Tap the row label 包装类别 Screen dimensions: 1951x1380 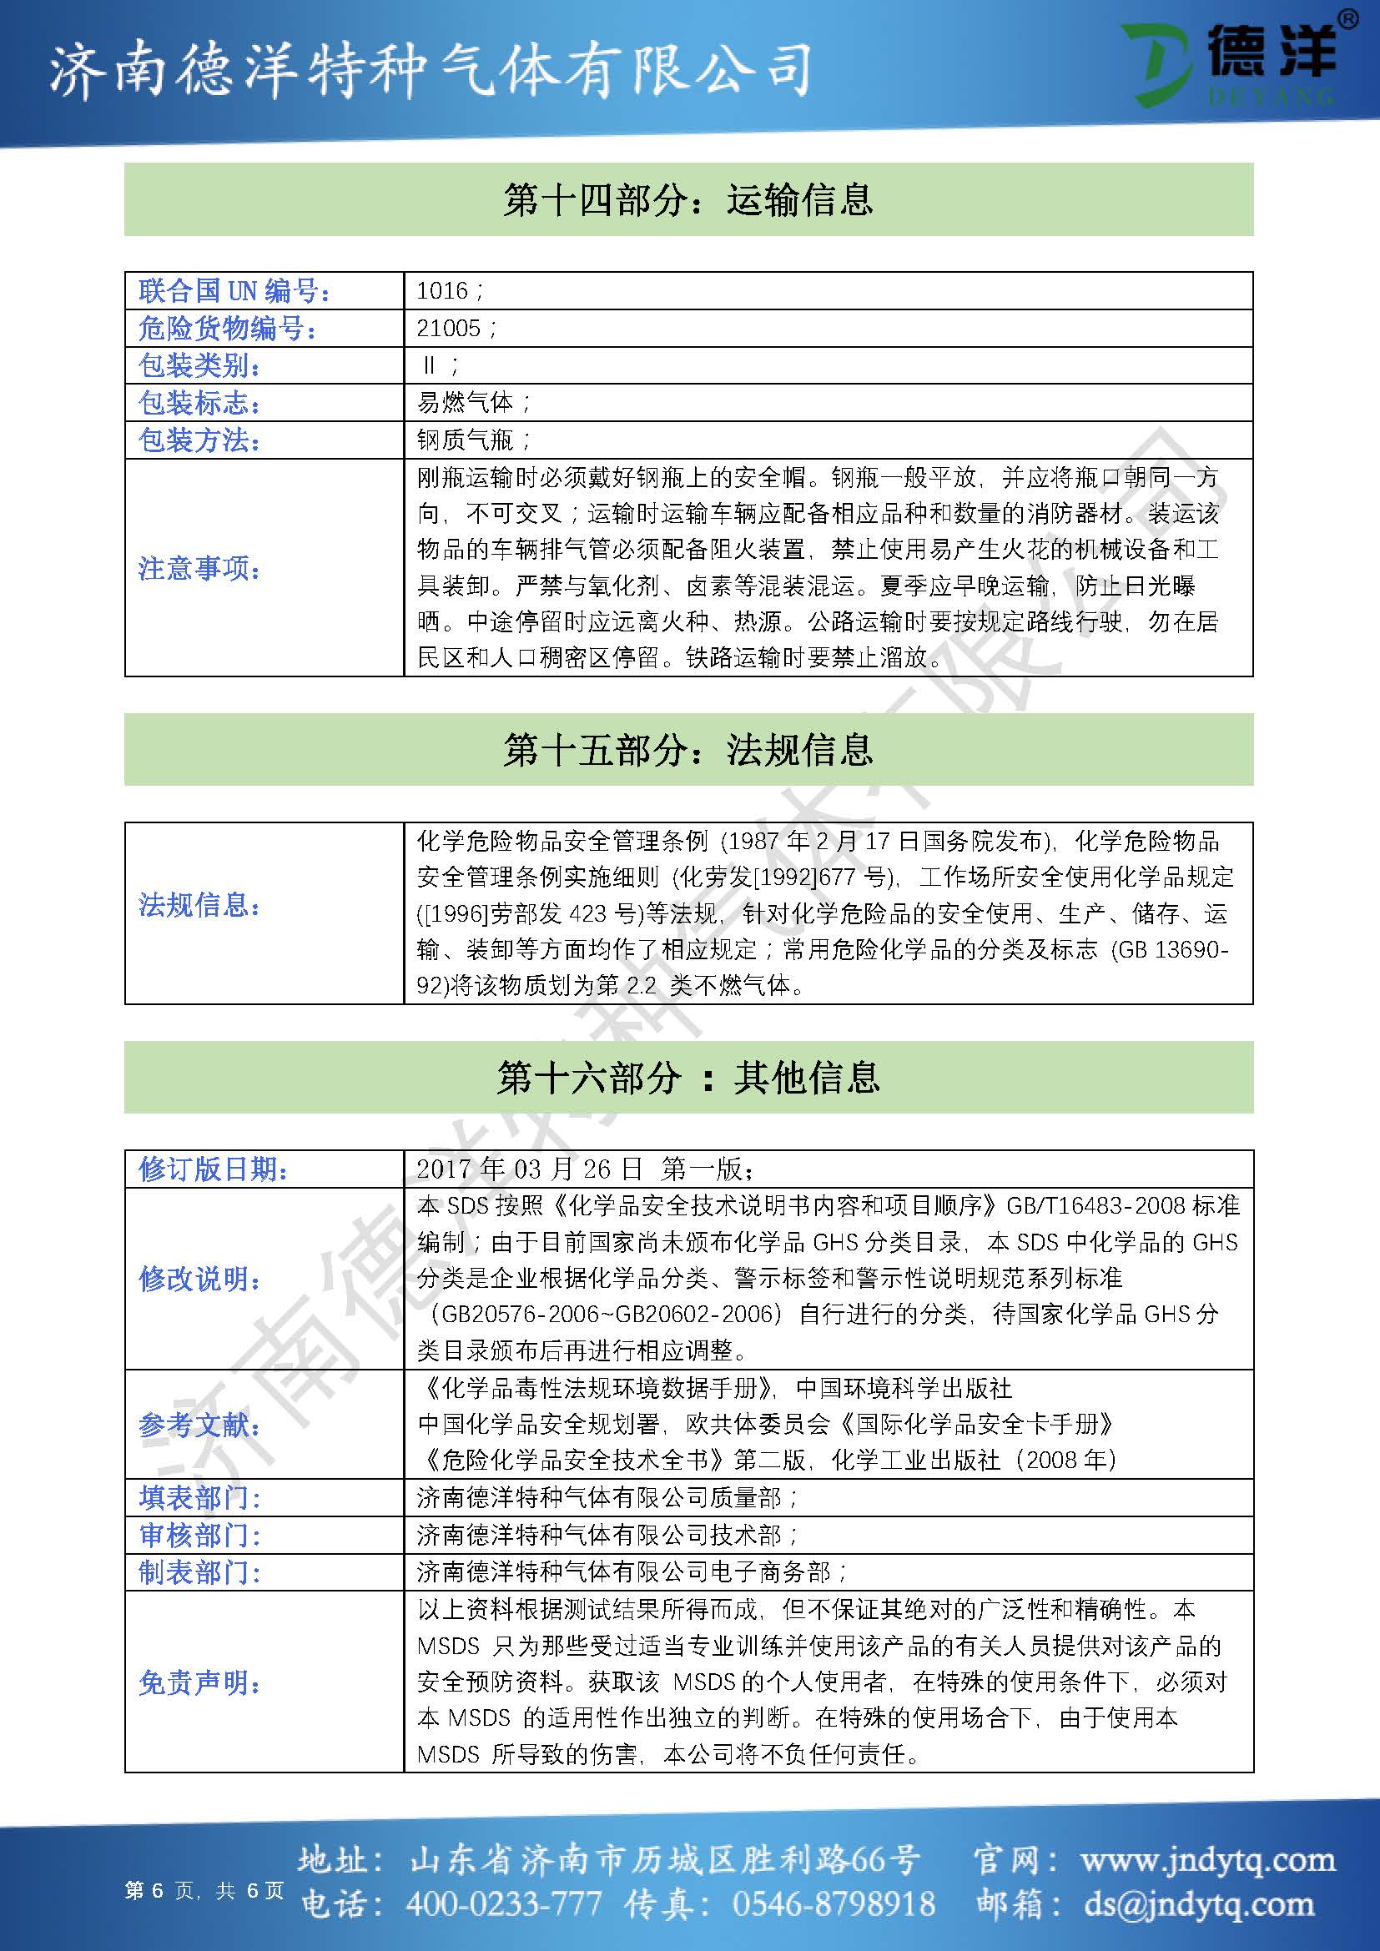click(199, 365)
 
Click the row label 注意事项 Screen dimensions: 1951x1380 click(199, 568)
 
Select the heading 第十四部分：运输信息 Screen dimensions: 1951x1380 click(688, 199)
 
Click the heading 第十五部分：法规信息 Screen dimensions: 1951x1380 click(688, 750)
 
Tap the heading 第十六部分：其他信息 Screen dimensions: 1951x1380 click(688, 1078)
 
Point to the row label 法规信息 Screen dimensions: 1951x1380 click(199, 905)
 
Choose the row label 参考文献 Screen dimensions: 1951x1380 click(199, 1425)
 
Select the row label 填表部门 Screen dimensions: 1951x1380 click(199, 1497)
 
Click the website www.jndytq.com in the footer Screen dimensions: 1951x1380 click(1207, 1860)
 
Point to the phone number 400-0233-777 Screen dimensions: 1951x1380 click(504, 1903)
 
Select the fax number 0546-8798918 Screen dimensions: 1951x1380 click(833, 1903)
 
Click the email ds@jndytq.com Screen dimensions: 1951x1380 click(1199, 1903)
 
